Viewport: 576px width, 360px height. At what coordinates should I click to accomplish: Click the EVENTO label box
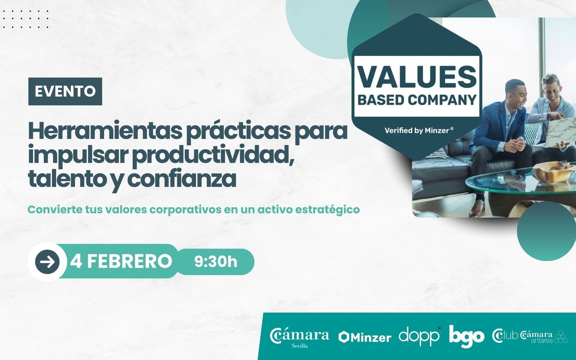click(x=65, y=91)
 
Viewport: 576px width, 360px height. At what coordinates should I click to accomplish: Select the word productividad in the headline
click(x=213, y=156)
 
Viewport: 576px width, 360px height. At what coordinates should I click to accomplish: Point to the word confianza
click(x=181, y=179)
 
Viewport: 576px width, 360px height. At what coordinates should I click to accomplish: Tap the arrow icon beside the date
click(x=47, y=262)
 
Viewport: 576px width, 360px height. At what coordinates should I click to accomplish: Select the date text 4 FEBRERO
click(x=121, y=261)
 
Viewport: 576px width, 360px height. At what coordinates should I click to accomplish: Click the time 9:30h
click(x=216, y=262)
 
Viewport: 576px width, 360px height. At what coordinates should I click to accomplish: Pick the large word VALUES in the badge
click(x=417, y=77)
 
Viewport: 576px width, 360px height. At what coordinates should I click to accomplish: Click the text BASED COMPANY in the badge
click(x=417, y=100)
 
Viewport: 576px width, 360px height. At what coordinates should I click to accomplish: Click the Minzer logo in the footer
click(x=365, y=337)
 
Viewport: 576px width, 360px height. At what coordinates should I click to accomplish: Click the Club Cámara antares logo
click(x=530, y=336)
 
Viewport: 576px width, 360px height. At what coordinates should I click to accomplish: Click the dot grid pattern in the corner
click(x=26, y=19)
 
